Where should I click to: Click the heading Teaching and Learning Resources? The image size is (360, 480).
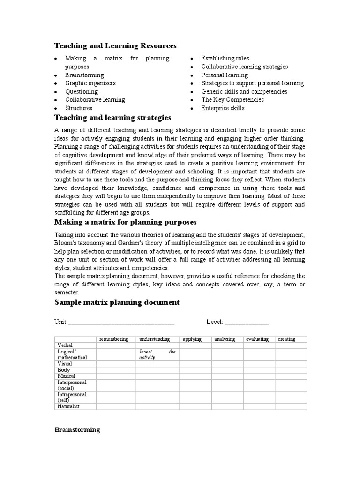tap(115, 45)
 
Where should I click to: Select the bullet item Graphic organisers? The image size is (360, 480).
tap(90, 83)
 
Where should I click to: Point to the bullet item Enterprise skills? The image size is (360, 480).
tap(223, 108)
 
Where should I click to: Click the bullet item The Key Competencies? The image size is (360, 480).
tap(232, 99)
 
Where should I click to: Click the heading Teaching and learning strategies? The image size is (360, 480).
tap(112, 117)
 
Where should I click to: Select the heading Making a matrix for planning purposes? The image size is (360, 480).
tap(125, 221)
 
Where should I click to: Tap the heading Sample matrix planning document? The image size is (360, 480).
tap(117, 302)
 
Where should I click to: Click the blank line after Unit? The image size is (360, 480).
tap(121, 322)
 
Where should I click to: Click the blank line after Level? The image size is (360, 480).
tap(247, 322)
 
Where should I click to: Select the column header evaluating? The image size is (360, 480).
tap(257, 339)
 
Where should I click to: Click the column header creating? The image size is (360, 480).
tap(286, 339)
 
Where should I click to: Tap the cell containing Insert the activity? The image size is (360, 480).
tap(157, 354)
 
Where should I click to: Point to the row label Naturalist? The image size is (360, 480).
tap(68, 406)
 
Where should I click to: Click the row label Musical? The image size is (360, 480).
tap(66, 376)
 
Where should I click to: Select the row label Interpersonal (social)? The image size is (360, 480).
tap(72, 385)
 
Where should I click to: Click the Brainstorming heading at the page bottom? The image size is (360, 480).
tap(77, 429)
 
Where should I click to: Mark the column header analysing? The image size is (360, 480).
tap(225, 339)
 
